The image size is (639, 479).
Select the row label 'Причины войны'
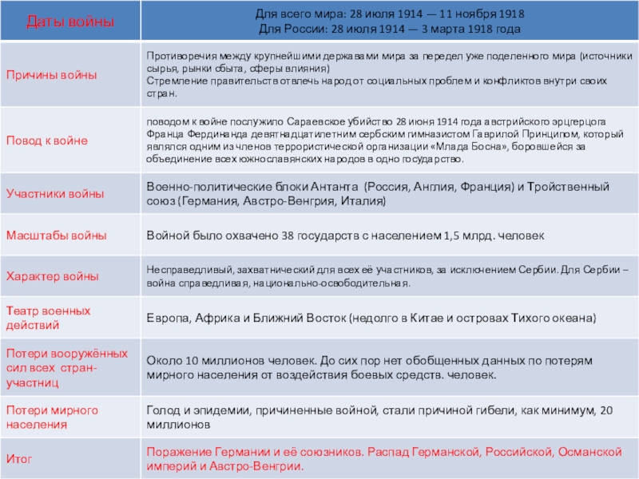pos(52,74)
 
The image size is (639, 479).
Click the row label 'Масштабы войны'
pos(56,236)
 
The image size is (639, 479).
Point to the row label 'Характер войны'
pos(53,276)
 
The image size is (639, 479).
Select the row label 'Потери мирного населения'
pos(52,417)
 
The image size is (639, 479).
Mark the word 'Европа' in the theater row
pos(166,318)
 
